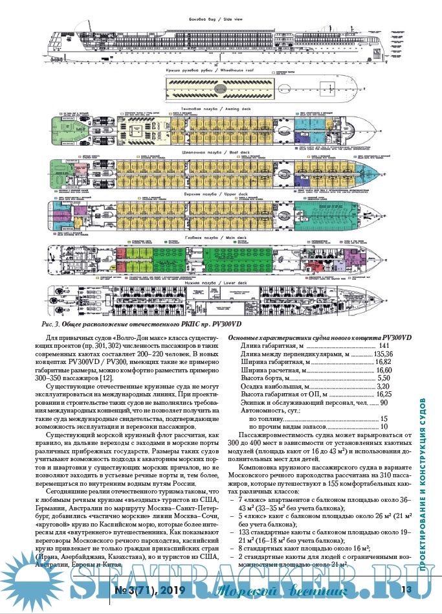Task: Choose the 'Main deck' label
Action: tap(220, 238)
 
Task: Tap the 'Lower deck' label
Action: tap(220, 284)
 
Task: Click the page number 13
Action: tap(406, 590)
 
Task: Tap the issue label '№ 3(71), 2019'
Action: tap(149, 590)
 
